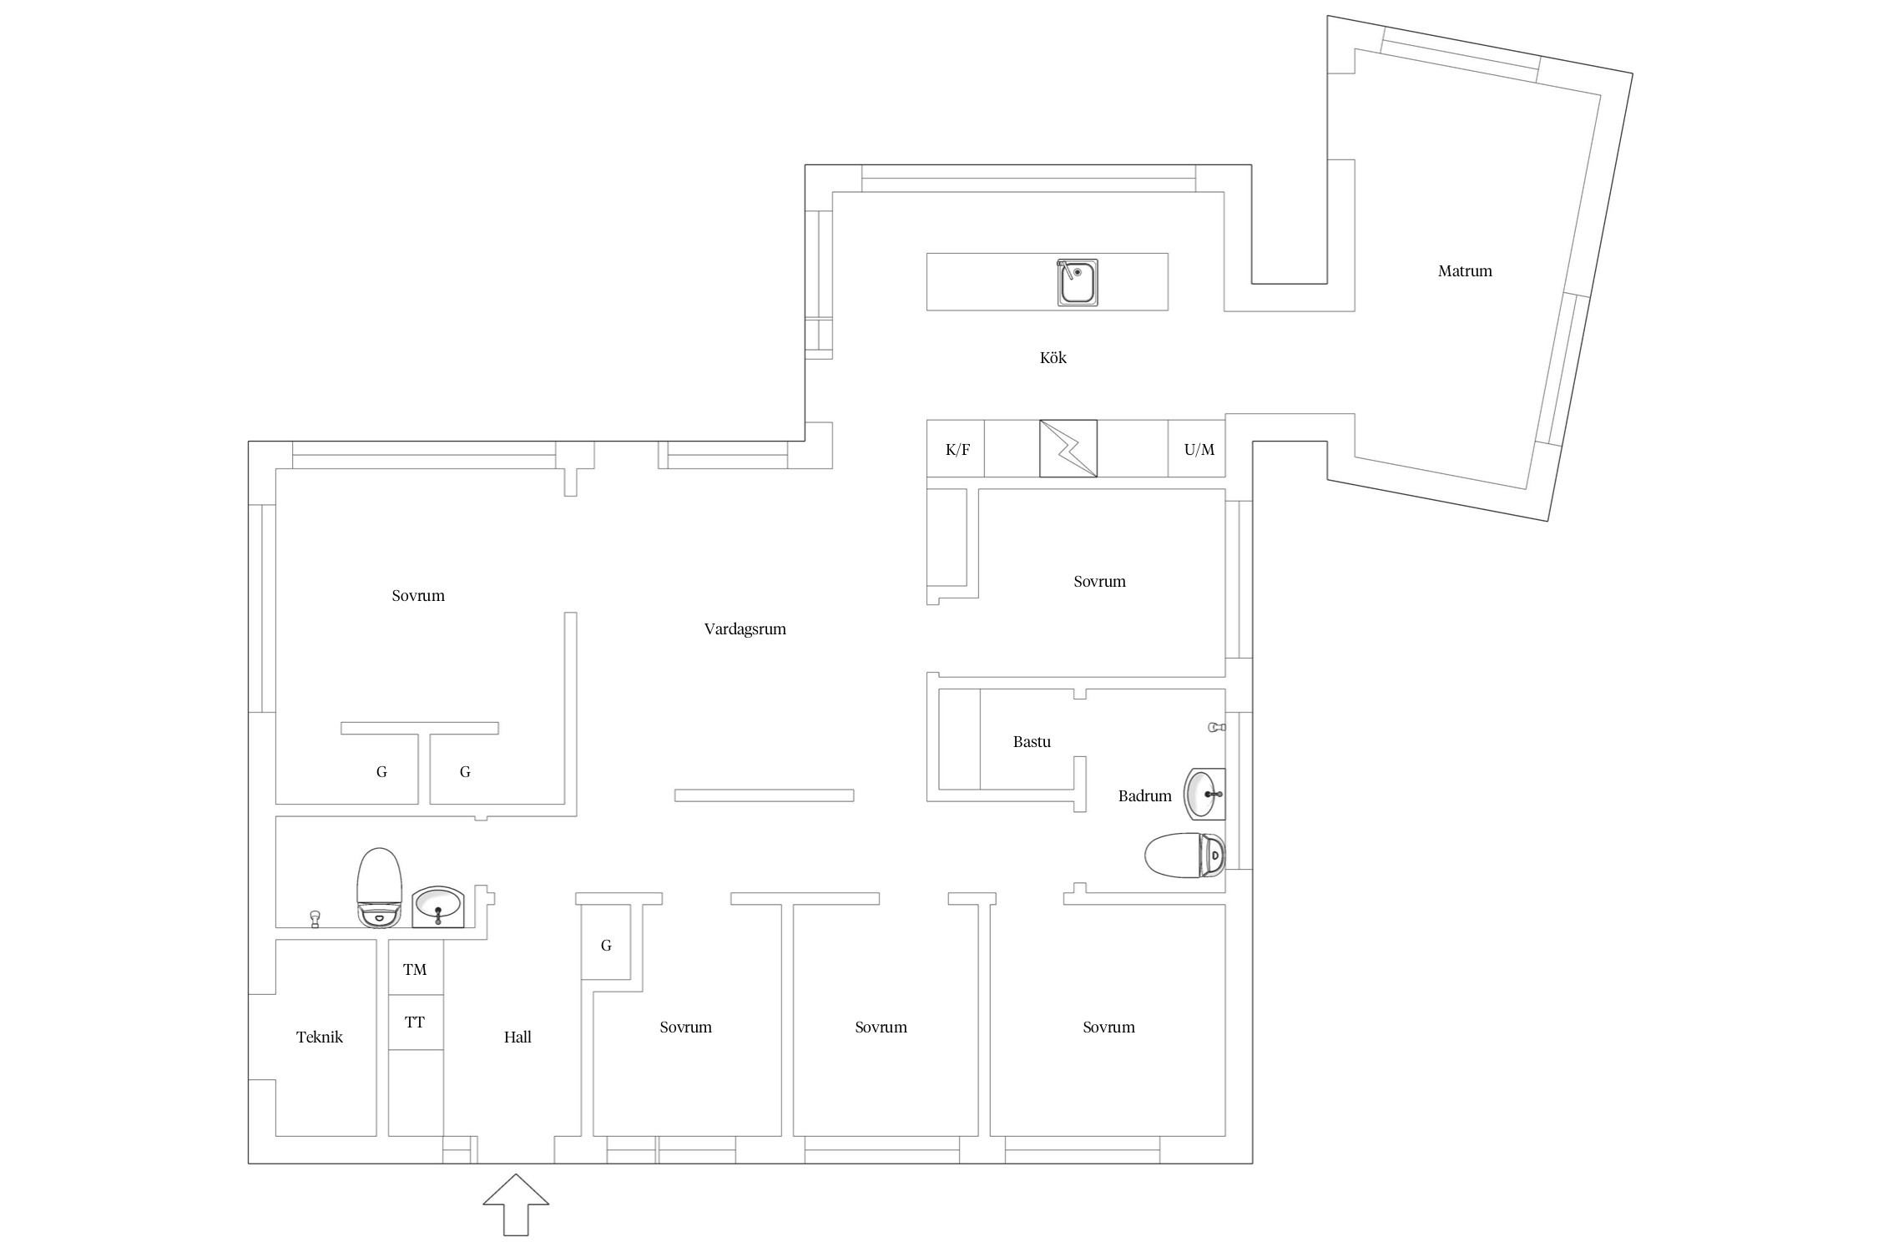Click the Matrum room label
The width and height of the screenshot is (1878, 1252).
pyautogui.click(x=1465, y=270)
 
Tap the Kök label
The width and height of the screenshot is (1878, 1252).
pyautogui.click(x=1053, y=357)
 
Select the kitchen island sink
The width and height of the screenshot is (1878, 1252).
pyautogui.click(x=1077, y=282)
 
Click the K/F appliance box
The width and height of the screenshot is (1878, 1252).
pyautogui.click(x=956, y=449)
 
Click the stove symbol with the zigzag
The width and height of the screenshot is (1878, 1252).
pyautogui.click(x=1068, y=448)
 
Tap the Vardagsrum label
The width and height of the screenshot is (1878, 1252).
pyautogui.click(x=745, y=629)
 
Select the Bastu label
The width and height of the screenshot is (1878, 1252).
pyautogui.click(x=1032, y=741)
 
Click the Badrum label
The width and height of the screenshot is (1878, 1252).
pyautogui.click(x=1145, y=795)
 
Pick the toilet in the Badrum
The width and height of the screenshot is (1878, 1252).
pyautogui.click(x=1184, y=856)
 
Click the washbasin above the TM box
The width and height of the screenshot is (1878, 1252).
pyautogui.click(x=438, y=906)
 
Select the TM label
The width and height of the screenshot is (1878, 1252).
pyautogui.click(x=415, y=969)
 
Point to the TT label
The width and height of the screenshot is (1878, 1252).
pyautogui.click(x=415, y=1022)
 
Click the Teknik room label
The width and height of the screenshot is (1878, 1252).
pyautogui.click(x=320, y=1037)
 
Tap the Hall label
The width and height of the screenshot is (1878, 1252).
pyautogui.click(x=517, y=1037)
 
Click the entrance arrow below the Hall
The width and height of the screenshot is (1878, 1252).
pyautogui.click(x=516, y=1204)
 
